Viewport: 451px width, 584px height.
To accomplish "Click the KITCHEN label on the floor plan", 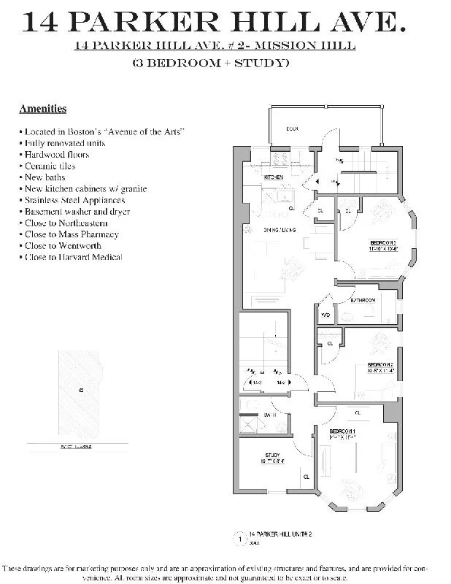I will click(x=274, y=177).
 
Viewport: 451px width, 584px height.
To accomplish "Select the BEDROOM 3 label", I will click(x=382, y=242).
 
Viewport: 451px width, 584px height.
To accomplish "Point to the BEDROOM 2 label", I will click(x=380, y=364).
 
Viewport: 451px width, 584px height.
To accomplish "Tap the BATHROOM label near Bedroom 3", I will click(x=363, y=300).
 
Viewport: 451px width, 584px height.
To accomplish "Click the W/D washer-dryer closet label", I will click(x=325, y=315).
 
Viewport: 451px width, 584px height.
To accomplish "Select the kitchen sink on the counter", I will click(x=285, y=194).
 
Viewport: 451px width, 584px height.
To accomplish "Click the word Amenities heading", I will click(x=42, y=109).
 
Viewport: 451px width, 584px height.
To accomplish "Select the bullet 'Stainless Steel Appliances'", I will click(x=74, y=200).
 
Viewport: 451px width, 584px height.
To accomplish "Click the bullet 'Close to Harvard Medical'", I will click(x=72, y=257).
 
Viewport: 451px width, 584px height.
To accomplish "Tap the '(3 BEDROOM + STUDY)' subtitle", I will click(x=210, y=63).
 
